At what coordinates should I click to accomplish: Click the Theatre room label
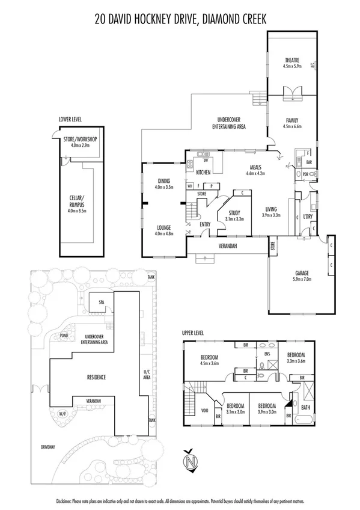(292, 60)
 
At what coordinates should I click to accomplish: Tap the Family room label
(291, 120)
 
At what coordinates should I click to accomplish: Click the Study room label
(233, 213)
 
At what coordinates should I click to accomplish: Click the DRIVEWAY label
(48, 447)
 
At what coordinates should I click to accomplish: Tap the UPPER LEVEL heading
(197, 332)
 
